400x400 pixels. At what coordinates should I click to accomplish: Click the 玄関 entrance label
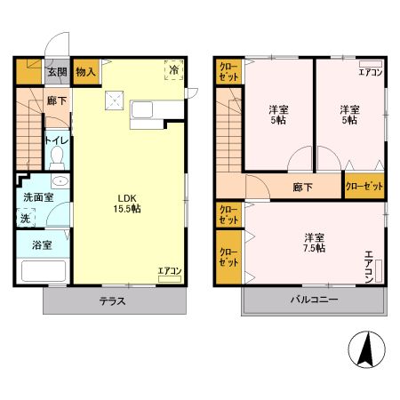pos(56,72)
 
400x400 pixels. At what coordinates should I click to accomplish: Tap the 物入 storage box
pos(85,72)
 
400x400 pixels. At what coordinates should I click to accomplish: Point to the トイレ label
pos(57,140)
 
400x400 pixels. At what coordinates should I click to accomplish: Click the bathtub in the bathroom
pos(41,270)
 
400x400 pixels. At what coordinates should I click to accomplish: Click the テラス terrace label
pos(112,300)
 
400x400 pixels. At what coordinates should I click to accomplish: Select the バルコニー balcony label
pos(313,300)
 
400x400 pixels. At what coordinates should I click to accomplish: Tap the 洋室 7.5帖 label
pos(313,243)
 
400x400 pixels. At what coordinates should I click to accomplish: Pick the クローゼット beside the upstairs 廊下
pos(364,187)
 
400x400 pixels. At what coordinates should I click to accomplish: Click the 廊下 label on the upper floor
pos(303,188)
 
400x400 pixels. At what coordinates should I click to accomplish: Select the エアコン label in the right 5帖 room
pos(371,72)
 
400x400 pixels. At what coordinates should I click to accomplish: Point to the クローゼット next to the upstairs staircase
pos(227,72)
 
